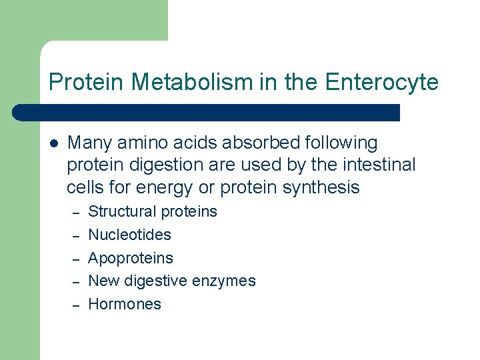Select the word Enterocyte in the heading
tap(382, 82)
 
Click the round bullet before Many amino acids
tap(54, 143)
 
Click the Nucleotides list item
tap(129, 235)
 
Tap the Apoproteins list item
tap(131, 258)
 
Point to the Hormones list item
tap(125, 304)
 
